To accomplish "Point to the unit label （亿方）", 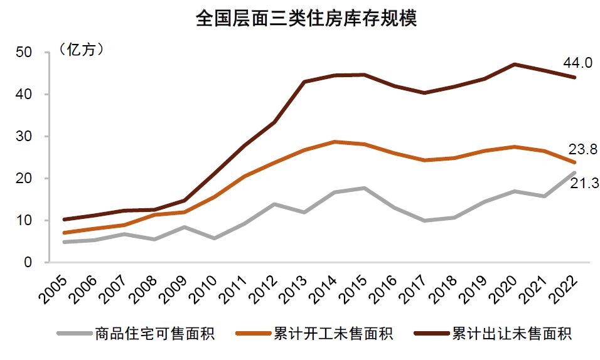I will tap(82, 50).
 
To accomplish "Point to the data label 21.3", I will tap(584, 184).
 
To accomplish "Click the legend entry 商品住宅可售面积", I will tap(154, 333).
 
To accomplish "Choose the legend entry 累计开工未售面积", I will tap(333, 333).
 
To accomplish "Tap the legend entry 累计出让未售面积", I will tap(512, 333).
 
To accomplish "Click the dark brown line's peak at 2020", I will tap(514, 64).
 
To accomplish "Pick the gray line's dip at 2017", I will tap(424, 221).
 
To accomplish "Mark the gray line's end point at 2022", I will tap(574, 173).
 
